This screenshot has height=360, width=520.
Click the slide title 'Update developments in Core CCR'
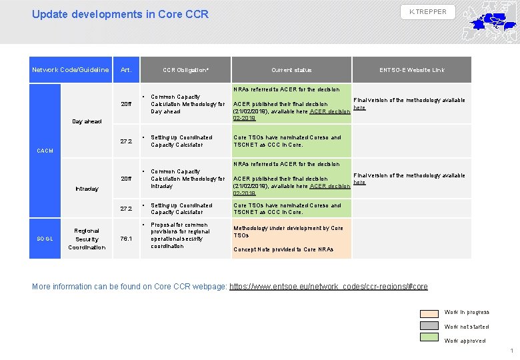(x=120, y=14)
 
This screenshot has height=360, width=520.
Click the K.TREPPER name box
(x=428, y=12)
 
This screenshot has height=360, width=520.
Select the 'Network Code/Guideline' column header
(x=70, y=70)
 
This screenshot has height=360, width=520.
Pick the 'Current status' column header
(x=291, y=70)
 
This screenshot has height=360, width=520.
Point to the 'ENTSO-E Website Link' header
(x=412, y=70)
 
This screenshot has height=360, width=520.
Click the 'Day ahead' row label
(x=87, y=121)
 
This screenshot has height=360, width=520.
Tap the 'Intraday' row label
(x=87, y=189)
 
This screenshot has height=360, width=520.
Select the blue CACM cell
(x=45, y=151)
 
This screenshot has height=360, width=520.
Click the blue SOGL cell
(x=45, y=239)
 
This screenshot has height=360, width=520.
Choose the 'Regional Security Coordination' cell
(x=87, y=239)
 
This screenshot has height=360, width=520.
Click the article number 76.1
(x=125, y=239)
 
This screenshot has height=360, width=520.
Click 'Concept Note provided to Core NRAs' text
(x=283, y=250)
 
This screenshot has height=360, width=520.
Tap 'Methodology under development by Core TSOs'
(x=288, y=231)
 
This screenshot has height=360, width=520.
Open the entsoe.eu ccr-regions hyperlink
(x=328, y=287)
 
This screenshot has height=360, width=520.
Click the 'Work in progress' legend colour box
(x=429, y=313)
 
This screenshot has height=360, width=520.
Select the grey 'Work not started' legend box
(x=429, y=327)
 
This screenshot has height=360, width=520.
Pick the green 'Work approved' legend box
(x=429, y=341)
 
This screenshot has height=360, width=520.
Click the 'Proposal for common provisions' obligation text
(x=180, y=235)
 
